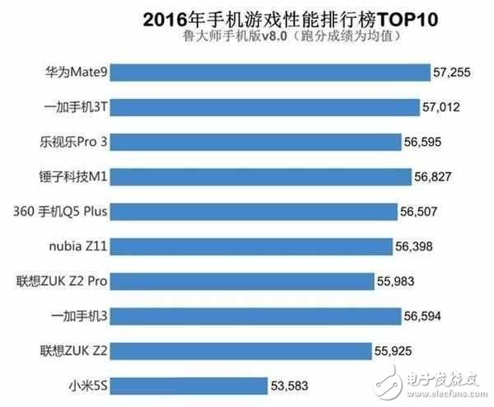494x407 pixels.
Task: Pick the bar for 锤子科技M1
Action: click(261, 176)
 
